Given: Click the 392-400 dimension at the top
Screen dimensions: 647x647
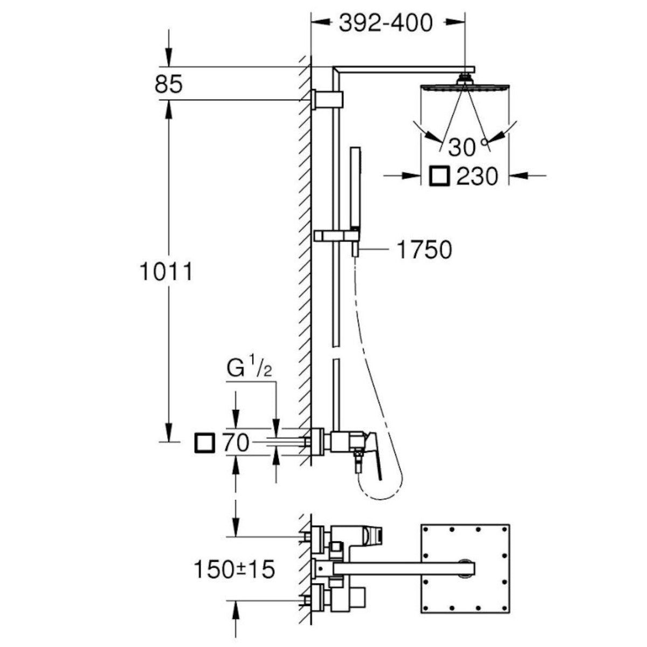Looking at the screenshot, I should pos(386,23).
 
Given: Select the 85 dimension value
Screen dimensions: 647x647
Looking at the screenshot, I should pos(169,85).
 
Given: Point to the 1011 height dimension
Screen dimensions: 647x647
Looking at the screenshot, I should pos(166,272).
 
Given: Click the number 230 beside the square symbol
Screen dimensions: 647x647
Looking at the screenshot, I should pos(477,176).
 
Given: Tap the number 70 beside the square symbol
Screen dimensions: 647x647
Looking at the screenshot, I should pos(235,443).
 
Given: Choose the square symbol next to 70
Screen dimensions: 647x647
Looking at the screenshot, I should pos(204,443).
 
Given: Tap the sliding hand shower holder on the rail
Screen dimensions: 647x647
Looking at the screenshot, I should pos(335,235).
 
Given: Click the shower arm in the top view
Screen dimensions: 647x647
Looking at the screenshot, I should pos(399,568).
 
